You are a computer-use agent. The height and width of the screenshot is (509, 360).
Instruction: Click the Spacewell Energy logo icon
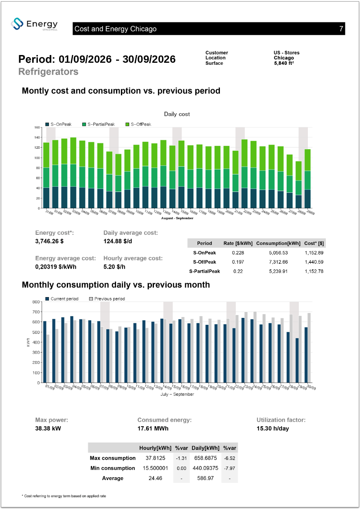(x=17, y=24)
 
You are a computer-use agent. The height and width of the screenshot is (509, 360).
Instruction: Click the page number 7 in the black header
(x=341, y=29)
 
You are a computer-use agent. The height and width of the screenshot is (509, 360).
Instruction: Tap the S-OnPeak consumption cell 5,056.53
(x=278, y=253)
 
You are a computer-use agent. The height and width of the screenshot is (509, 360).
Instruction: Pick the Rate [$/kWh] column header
(x=238, y=243)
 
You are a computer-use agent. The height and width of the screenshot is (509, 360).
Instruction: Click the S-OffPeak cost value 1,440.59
(x=314, y=262)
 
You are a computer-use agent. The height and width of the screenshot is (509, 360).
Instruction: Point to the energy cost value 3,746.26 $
(x=49, y=241)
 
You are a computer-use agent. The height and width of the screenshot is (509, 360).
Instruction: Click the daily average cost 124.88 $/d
(x=118, y=241)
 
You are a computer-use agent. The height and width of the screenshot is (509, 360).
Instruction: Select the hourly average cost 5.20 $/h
(x=114, y=267)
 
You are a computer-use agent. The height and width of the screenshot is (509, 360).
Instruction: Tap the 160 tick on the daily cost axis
(x=37, y=128)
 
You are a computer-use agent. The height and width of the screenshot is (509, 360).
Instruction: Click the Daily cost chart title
(x=177, y=114)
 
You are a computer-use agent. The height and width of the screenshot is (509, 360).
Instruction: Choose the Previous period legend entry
(x=107, y=299)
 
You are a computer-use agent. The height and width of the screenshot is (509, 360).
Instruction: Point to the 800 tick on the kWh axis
(x=36, y=302)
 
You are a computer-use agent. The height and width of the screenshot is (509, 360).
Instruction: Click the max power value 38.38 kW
(x=48, y=428)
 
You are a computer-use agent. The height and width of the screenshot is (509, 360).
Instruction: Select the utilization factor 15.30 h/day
(x=272, y=428)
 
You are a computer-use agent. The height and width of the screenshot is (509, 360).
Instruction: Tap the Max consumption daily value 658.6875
(x=205, y=458)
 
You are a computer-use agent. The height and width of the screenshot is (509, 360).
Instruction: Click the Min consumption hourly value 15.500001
(x=155, y=468)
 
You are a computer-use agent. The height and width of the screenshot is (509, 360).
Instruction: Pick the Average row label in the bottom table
(x=112, y=478)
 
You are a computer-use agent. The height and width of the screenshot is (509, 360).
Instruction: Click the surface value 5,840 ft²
(x=284, y=63)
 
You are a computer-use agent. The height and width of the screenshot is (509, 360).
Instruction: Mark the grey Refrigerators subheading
(x=48, y=72)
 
